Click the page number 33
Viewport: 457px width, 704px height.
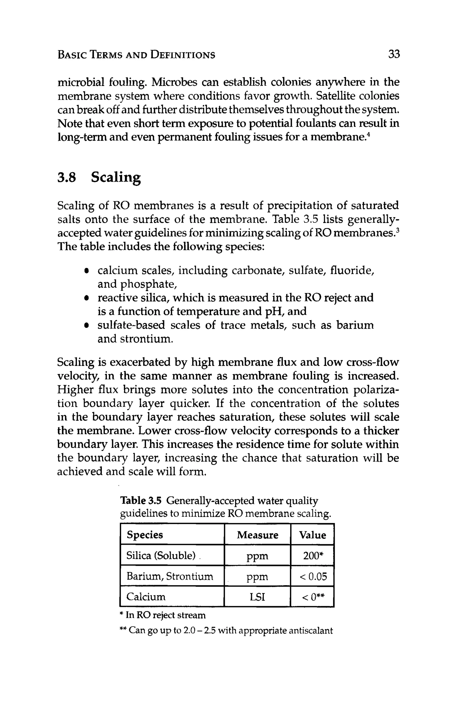(x=394, y=54)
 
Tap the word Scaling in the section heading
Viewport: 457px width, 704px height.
(x=116, y=178)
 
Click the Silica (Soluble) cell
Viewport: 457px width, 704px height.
(x=161, y=555)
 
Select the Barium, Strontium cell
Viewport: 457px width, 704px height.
(x=170, y=576)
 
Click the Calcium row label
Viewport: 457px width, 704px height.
(x=146, y=596)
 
